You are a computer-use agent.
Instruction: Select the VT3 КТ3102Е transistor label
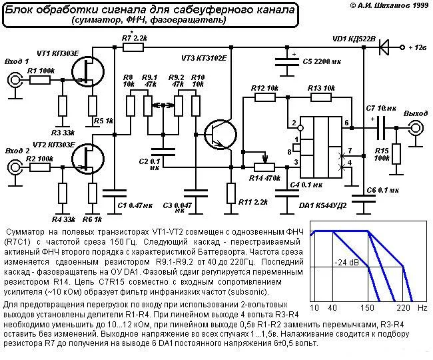click(201, 58)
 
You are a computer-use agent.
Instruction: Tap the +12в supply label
click(418, 48)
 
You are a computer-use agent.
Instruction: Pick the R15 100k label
click(381, 155)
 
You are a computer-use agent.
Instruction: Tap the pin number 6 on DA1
click(346, 123)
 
